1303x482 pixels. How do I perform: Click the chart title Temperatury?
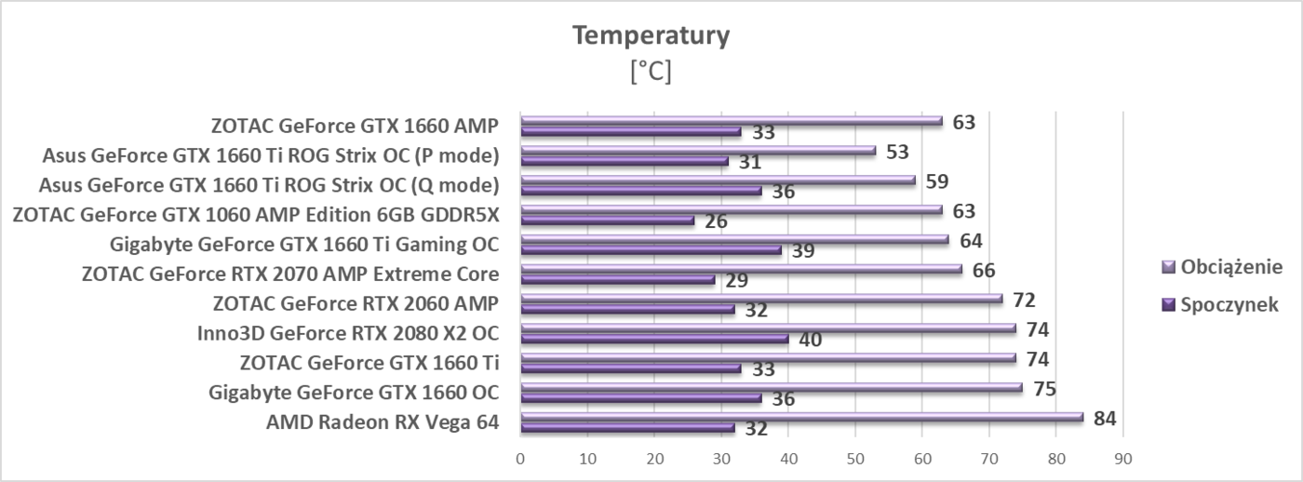click(651, 35)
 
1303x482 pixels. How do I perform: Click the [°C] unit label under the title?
click(651, 72)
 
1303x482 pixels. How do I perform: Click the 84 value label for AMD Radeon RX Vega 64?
click(1105, 419)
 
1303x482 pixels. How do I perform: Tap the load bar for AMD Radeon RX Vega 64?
click(800, 417)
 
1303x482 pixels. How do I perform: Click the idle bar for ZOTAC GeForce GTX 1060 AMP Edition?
click(607, 221)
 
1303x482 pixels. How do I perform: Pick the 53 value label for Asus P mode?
click(897, 151)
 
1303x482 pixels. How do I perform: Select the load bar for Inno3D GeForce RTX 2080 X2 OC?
click(768, 328)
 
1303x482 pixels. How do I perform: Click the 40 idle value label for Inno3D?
click(810, 340)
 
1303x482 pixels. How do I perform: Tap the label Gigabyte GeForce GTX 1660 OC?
click(354, 393)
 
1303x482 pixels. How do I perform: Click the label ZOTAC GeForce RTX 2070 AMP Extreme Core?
click(290, 274)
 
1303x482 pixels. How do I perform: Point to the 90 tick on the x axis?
click(1122, 458)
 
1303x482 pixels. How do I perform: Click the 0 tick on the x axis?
click(520, 458)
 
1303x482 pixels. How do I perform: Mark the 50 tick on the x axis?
click(854, 458)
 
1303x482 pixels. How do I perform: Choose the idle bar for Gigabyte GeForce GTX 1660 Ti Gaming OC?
click(651, 250)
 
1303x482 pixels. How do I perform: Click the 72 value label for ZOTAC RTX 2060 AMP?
click(1024, 300)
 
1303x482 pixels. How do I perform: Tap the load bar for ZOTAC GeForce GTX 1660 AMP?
click(731, 120)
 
